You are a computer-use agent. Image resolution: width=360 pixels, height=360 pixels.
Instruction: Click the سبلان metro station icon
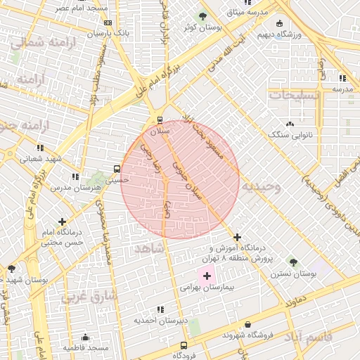point(160,120)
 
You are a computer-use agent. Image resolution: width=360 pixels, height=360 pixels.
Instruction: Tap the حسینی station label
point(117,179)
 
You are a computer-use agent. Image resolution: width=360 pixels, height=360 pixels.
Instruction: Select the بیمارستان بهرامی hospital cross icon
point(207,276)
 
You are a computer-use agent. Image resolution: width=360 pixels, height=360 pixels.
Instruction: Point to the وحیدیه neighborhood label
point(261,186)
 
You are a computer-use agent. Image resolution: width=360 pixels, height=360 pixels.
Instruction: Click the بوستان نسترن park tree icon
point(293,262)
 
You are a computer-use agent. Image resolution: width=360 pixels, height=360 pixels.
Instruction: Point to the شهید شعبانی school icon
point(40,148)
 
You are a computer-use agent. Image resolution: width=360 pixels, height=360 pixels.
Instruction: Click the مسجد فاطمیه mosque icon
point(86,337)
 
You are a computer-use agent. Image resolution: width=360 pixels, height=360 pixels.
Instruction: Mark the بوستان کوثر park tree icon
point(202,16)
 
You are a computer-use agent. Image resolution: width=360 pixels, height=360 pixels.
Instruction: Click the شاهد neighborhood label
point(148,248)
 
